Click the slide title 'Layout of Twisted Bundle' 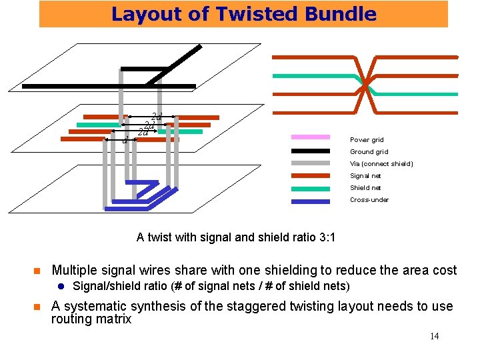[243, 14]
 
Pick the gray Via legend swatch [311, 164]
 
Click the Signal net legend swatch [311, 176]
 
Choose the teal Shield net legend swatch [311, 188]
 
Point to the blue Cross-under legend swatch [311, 200]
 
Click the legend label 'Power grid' [367, 140]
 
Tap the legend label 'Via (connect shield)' [381, 164]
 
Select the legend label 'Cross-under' [369, 200]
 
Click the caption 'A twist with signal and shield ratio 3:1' [235, 237]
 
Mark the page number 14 [434, 336]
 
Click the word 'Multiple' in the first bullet [75, 270]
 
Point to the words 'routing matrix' [91, 319]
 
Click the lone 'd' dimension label [125, 140]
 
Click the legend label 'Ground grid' [369, 152]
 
